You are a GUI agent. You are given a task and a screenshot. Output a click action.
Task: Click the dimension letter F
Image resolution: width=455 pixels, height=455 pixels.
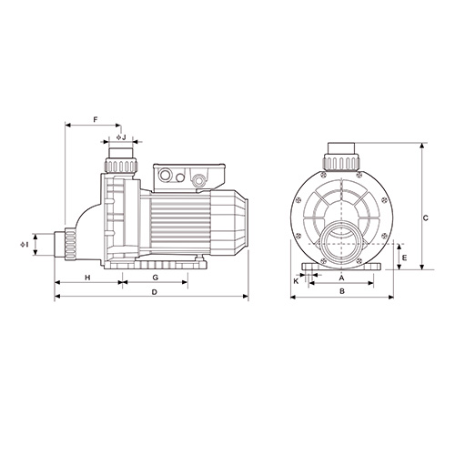coord(96,120)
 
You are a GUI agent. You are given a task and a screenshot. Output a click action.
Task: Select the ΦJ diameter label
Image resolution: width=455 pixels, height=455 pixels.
coord(121,137)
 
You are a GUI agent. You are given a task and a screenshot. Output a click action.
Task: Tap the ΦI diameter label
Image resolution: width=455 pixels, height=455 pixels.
coord(25,245)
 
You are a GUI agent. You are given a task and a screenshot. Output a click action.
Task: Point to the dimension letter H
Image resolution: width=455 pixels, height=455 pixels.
coord(87,278)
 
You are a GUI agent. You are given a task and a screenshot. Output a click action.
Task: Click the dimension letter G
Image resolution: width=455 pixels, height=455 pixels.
coord(156,278)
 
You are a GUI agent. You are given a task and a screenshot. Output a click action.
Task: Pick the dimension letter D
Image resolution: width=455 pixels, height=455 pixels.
coord(155,292)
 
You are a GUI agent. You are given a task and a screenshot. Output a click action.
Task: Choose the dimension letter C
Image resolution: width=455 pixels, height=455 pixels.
coord(426,217)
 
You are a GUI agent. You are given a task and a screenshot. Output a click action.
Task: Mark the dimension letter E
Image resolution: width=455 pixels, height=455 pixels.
coord(404,258)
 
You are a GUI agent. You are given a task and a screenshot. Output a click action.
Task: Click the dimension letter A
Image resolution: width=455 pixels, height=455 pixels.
coord(341,278)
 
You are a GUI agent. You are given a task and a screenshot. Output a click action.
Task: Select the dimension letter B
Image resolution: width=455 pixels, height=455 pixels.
coord(342,291)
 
